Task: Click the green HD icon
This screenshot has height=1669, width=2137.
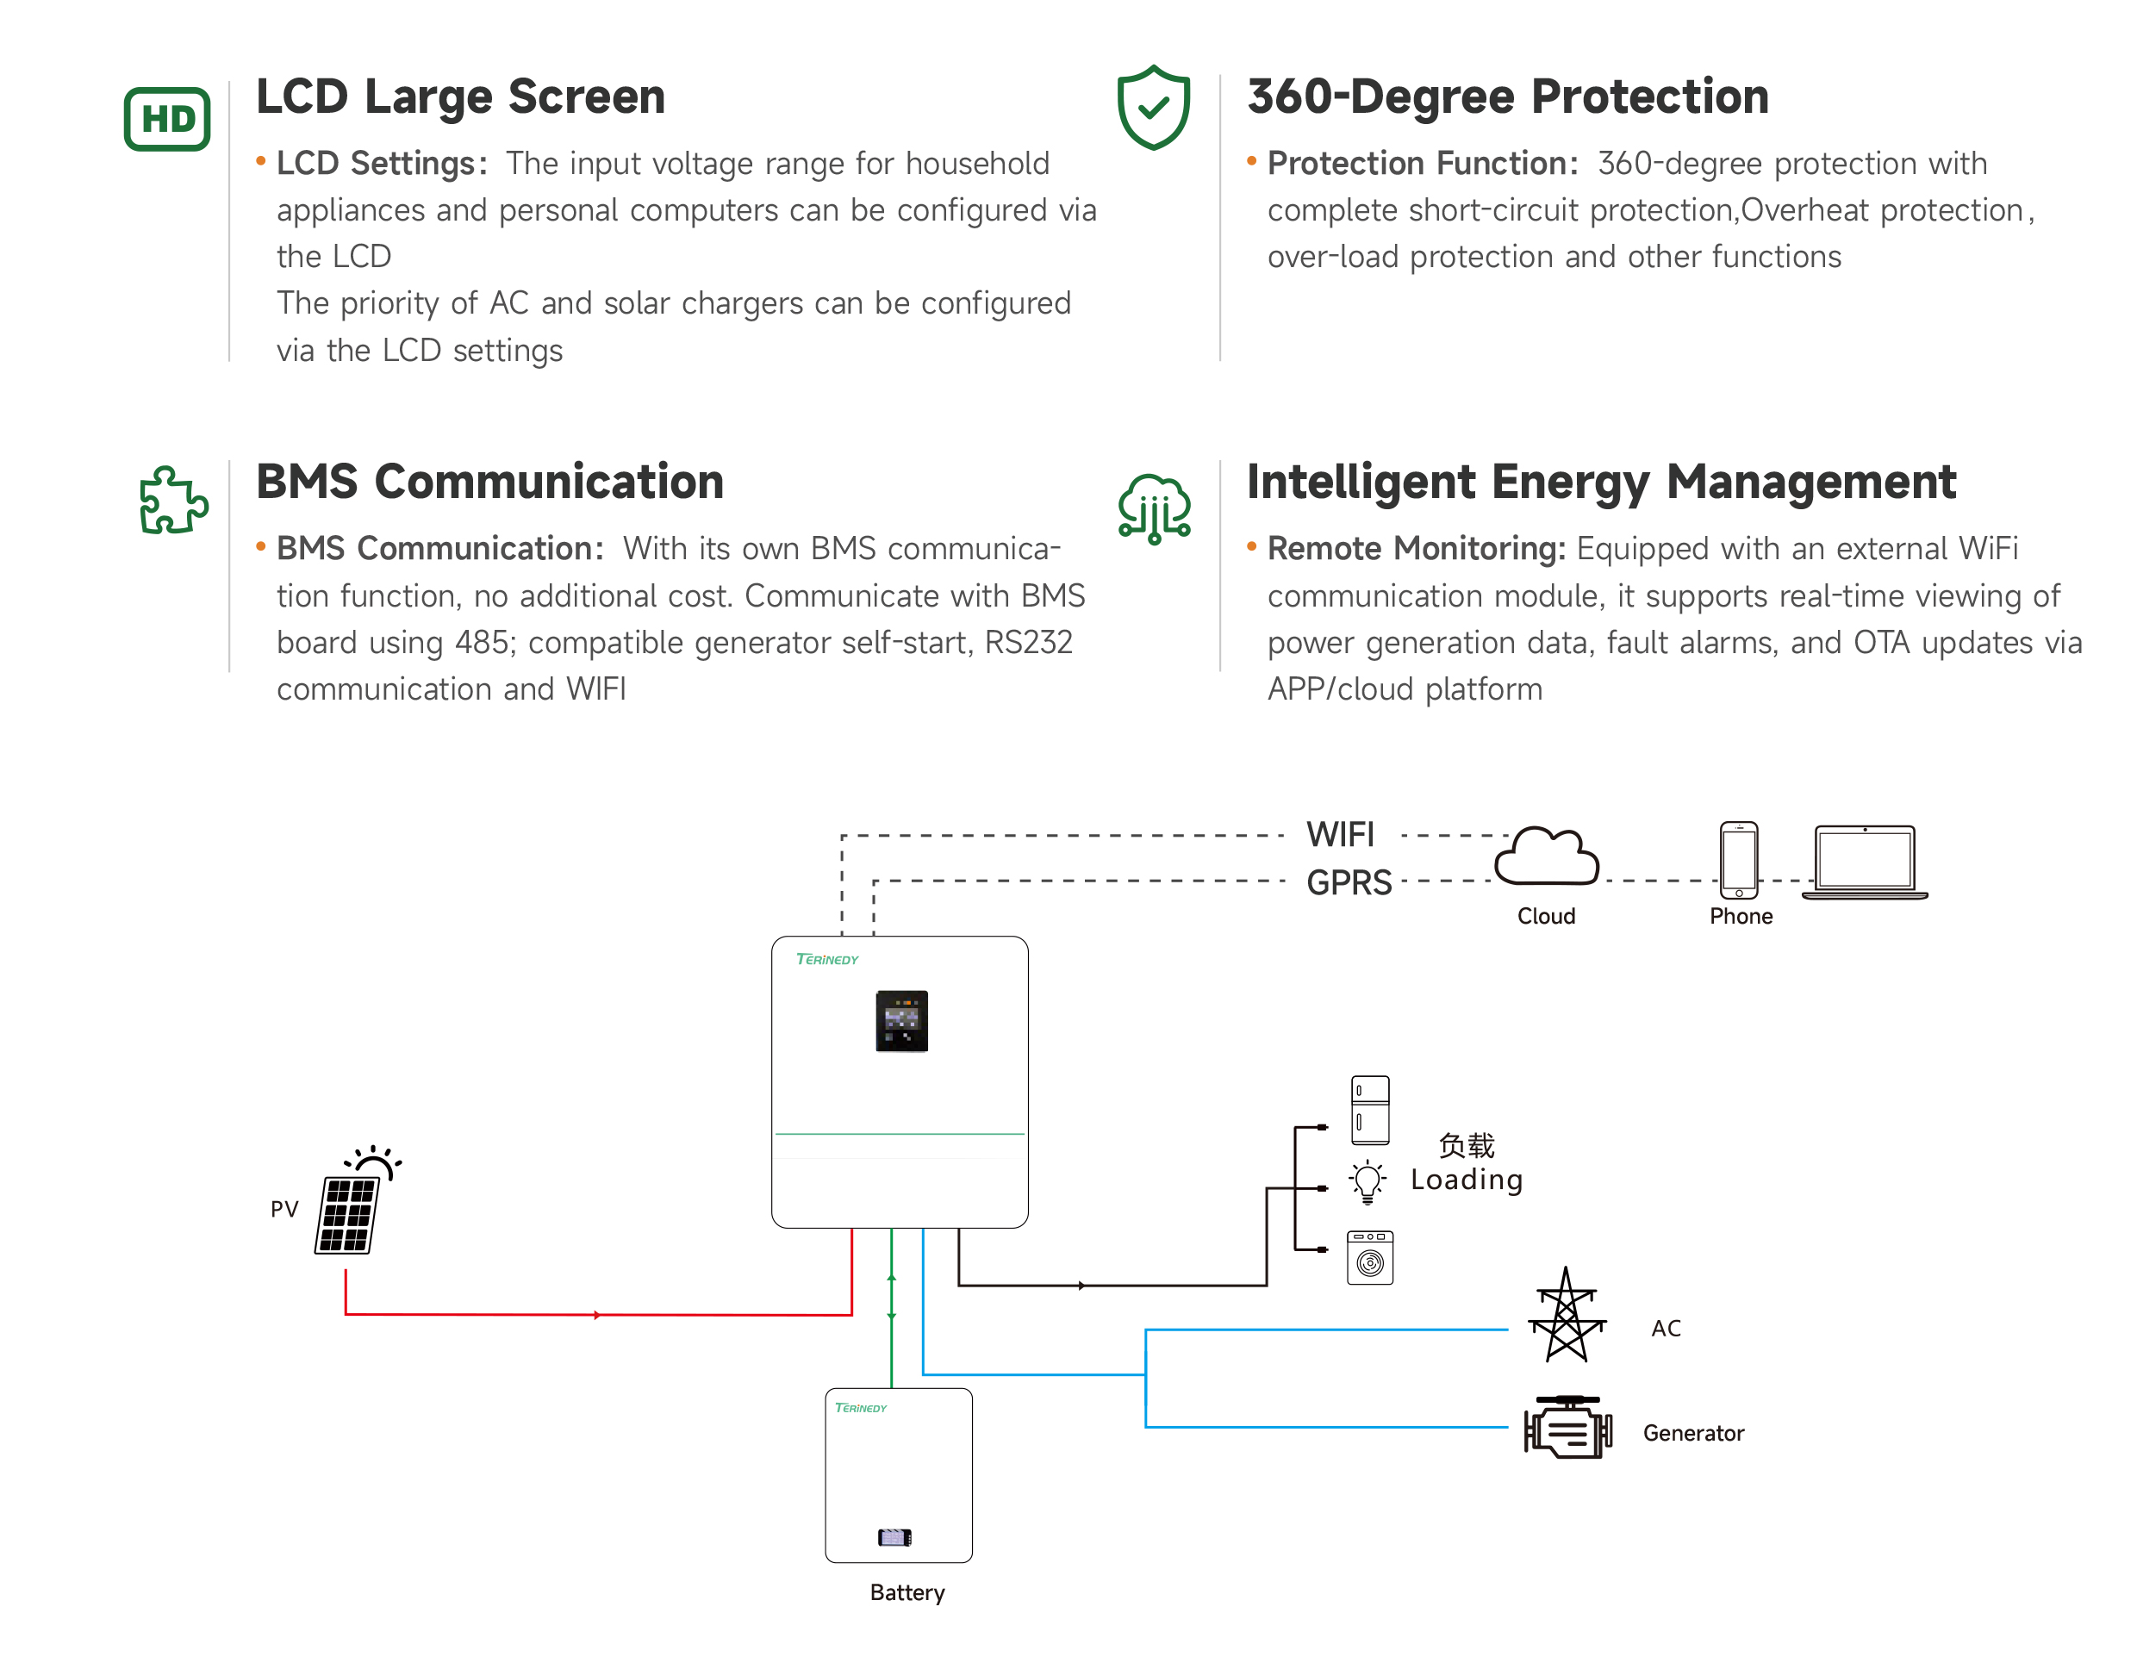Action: tap(167, 120)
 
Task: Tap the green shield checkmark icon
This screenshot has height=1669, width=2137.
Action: tap(1154, 108)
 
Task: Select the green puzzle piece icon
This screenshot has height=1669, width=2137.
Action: tap(173, 500)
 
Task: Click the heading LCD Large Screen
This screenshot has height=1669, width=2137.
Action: tap(460, 97)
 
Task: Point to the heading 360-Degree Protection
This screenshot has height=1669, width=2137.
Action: tap(1507, 97)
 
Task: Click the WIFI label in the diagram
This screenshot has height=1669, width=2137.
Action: tap(1340, 834)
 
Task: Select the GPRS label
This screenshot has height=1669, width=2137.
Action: tap(1349, 882)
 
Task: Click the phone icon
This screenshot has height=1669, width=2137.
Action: tap(1738, 859)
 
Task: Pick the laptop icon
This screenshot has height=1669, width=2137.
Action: tap(1864, 862)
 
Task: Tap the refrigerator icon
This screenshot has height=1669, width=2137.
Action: tap(1370, 1110)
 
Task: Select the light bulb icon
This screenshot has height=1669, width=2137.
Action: tap(1367, 1182)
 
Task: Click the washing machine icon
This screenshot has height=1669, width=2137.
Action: tap(1370, 1257)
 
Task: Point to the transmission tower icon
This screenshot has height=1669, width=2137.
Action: tap(1567, 1315)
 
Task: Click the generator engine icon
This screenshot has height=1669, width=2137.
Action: tap(1567, 1429)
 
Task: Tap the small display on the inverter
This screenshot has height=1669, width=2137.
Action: tap(901, 1020)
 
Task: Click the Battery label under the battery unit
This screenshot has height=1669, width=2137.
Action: tap(907, 1592)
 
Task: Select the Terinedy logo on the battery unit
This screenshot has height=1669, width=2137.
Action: tap(860, 1408)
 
